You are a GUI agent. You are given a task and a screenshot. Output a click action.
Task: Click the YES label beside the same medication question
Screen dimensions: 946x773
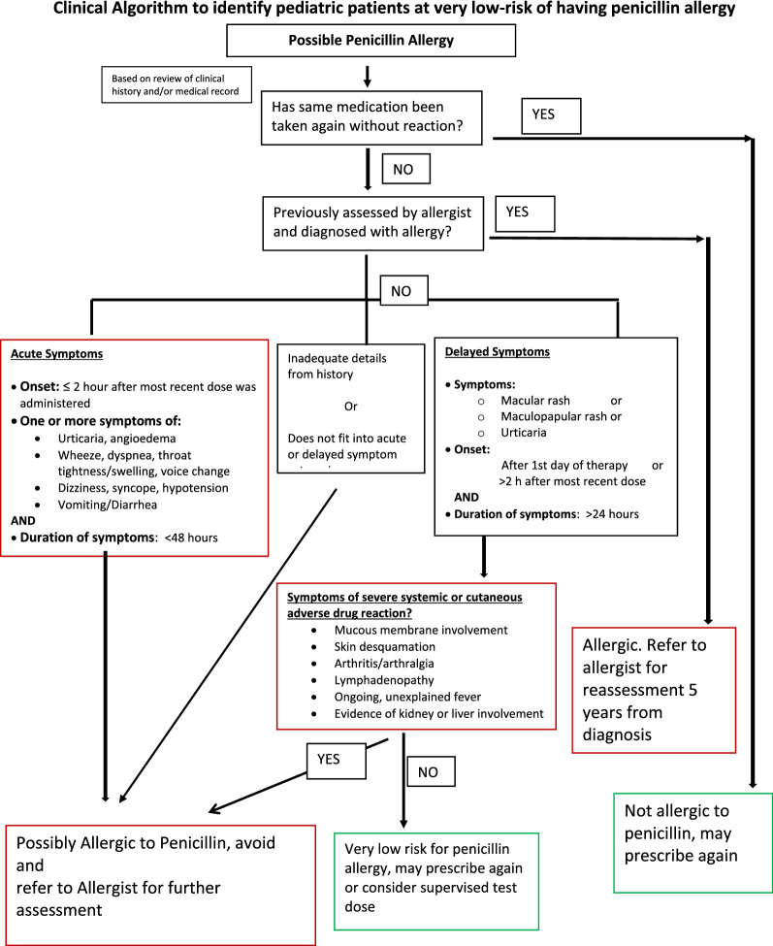point(550,114)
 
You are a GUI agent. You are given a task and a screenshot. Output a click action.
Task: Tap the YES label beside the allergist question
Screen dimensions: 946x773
point(525,211)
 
